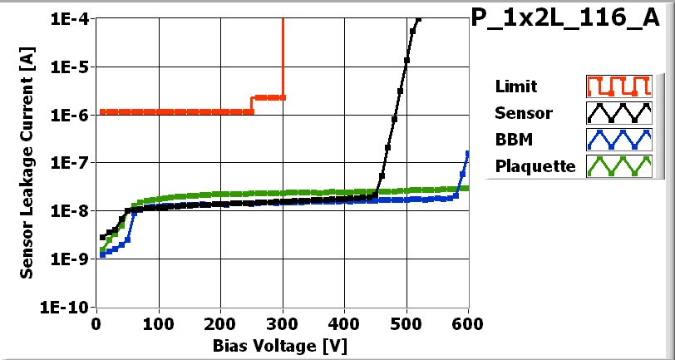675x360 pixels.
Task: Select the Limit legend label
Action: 515,86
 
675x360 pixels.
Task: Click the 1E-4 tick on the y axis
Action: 69,19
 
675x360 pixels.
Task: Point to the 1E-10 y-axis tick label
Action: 66,307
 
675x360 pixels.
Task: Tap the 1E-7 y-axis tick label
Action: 69,163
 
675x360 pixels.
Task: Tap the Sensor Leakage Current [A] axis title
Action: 27,162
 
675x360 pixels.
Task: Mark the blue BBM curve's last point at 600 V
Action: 468,153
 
